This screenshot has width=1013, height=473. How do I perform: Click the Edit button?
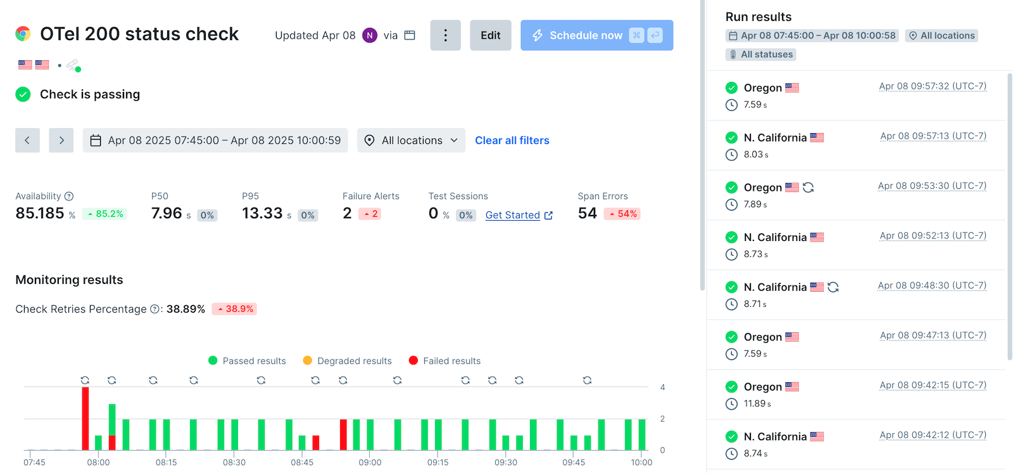490,36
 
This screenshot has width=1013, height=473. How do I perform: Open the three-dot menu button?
445,36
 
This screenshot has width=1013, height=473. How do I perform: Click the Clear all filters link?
512,140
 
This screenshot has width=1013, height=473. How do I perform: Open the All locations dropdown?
411,140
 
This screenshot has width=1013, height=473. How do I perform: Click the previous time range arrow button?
27,140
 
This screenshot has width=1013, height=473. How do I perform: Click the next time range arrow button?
61,140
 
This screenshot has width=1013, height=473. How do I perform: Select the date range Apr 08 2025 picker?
215,140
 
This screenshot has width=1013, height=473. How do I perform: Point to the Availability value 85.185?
40,213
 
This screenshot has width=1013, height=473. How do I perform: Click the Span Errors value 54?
587,213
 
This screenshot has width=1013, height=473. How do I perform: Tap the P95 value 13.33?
262,213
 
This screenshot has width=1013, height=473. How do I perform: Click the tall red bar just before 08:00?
85,418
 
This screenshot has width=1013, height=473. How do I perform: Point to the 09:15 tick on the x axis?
437,462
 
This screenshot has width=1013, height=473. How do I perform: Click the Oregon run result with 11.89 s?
762,387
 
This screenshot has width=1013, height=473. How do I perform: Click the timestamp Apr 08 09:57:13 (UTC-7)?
933,136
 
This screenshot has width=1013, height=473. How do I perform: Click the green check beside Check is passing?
23,94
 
